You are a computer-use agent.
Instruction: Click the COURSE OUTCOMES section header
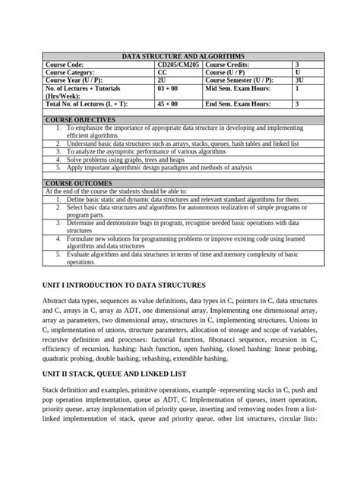[x=78, y=184]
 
